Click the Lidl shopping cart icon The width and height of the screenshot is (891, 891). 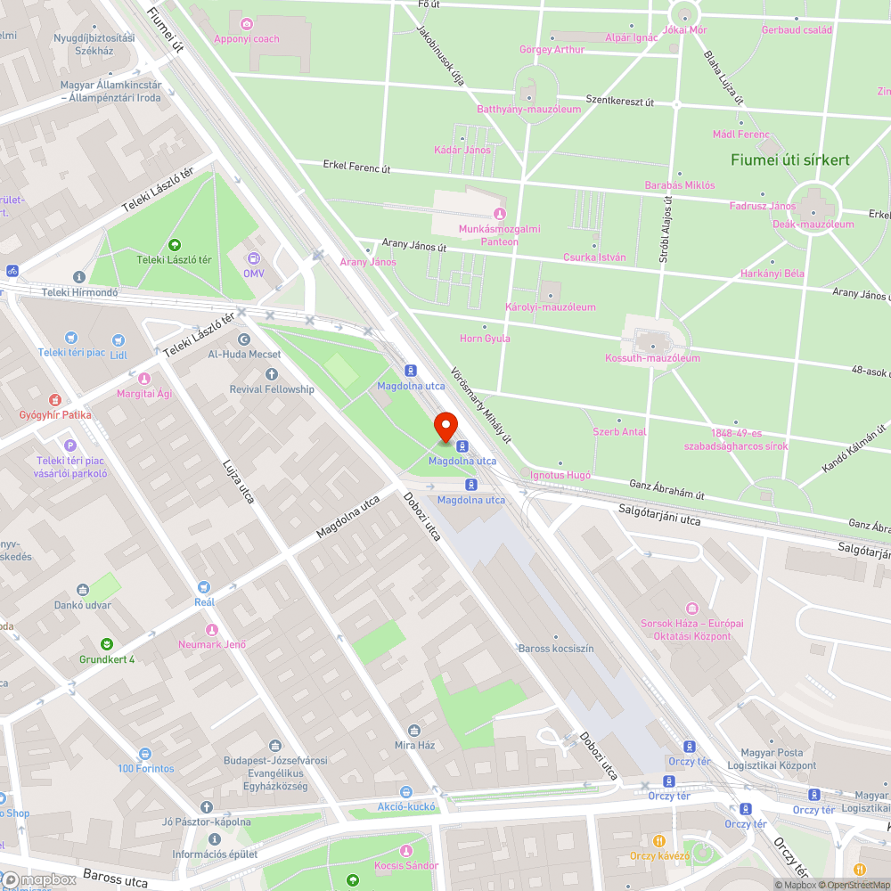coord(119,339)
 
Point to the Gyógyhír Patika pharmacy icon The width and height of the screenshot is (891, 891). coord(55,400)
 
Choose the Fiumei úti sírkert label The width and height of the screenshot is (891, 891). coord(790,160)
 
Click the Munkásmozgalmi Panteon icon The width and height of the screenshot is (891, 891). coord(499,214)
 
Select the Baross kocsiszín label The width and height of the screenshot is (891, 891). coord(556,649)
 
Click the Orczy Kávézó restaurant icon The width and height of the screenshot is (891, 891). coord(659,840)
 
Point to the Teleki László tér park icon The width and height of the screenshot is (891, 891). coord(174,244)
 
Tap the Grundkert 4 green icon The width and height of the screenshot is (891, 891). coord(107,644)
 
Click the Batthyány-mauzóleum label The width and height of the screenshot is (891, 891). coord(528,110)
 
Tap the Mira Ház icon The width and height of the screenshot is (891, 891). coord(413,730)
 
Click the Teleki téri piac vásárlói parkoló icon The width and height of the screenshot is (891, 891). coord(70,445)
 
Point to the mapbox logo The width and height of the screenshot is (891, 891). coord(40,879)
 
